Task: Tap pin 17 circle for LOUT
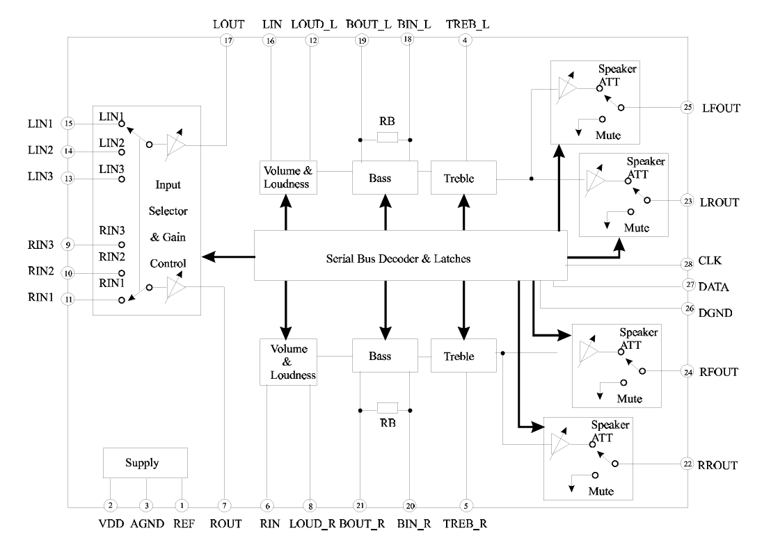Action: (x=228, y=40)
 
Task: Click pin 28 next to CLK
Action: (x=687, y=265)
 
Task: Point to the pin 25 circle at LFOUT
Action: (x=687, y=108)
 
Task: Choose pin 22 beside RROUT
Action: (x=687, y=464)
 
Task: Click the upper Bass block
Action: (x=385, y=178)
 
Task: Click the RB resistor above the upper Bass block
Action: (x=385, y=138)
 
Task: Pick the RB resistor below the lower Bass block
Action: (x=385, y=408)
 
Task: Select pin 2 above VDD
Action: (x=109, y=505)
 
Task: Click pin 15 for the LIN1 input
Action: (x=68, y=124)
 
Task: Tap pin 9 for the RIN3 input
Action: (x=68, y=244)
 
